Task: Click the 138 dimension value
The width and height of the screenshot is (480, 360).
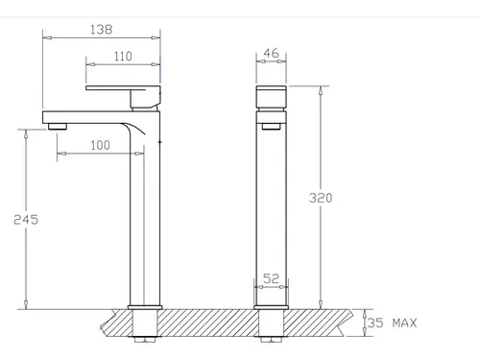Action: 101,30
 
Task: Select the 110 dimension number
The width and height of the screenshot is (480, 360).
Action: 123,57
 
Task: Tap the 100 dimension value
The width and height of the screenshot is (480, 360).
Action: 101,145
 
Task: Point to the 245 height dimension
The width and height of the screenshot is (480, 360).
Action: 26,220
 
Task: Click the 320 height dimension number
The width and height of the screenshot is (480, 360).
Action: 321,198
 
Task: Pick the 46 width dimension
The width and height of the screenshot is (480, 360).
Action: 271,53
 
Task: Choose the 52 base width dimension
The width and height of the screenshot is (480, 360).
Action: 271,278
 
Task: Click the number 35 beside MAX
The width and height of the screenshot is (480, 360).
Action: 375,323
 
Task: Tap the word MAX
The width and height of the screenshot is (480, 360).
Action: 405,323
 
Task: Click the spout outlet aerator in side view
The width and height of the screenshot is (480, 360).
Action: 58,127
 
